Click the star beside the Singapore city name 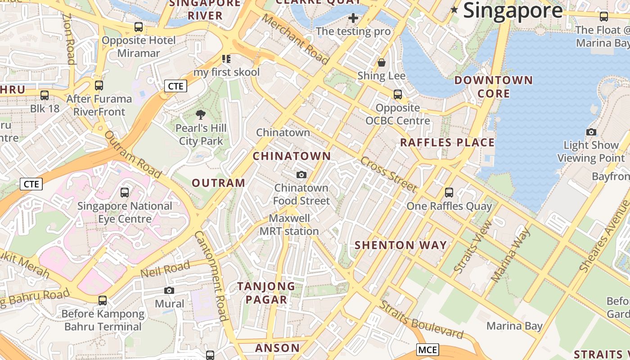[x=454, y=10]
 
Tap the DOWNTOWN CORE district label [x=494, y=87]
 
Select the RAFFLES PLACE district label [x=447, y=143]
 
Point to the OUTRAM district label [x=219, y=183]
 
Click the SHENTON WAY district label [x=400, y=245]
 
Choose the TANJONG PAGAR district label [x=266, y=293]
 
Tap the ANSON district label [x=277, y=348]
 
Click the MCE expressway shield [x=427, y=350]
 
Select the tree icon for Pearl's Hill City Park [x=201, y=115]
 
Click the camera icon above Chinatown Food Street [x=301, y=175]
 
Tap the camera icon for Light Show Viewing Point [x=591, y=132]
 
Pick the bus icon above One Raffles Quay [x=449, y=193]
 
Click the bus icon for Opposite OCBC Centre [x=398, y=94]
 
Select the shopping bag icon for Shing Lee [x=382, y=63]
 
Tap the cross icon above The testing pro [x=353, y=18]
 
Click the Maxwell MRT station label [x=289, y=225]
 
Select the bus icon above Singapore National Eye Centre [x=125, y=193]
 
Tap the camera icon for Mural [x=169, y=290]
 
